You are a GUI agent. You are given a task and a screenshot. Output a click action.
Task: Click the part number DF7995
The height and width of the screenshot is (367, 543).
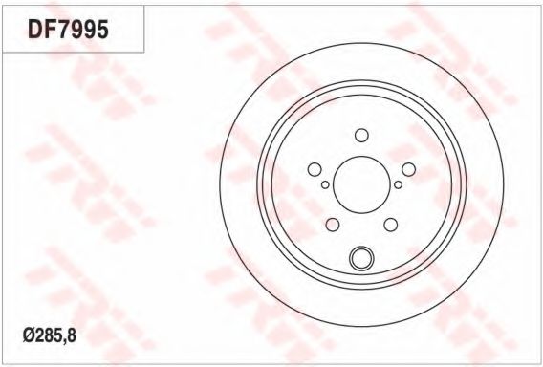point(68,29)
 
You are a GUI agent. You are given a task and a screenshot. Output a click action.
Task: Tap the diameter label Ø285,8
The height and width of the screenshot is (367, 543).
point(50,335)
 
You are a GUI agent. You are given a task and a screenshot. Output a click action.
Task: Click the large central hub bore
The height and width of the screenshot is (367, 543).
point(361,184)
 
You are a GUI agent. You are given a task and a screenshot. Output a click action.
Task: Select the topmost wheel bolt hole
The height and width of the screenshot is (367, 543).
point(361,136)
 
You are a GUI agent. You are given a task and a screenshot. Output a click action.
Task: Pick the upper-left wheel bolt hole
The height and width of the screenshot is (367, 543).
point(315,169)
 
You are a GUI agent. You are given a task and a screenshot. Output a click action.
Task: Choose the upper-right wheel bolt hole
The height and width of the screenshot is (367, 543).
point(408,169)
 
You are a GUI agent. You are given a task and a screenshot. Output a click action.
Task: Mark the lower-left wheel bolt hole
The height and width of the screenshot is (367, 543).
point(333,225)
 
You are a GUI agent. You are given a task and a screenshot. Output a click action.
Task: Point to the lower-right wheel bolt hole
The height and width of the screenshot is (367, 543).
point(391,225)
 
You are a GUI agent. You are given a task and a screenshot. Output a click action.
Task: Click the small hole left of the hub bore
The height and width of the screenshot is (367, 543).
point(325,184)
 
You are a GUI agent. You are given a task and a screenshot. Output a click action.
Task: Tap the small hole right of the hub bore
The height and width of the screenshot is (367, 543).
point(399,184)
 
